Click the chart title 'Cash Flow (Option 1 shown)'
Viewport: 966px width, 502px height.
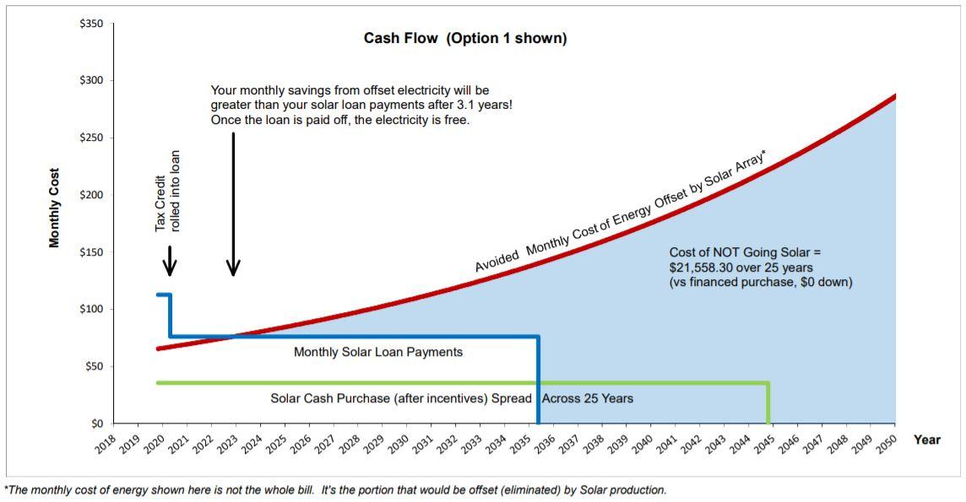click(x=465, y=39)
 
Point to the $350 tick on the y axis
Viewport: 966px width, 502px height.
click(x=90, y=24)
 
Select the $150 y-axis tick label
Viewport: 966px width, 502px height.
click(x=90, y=252)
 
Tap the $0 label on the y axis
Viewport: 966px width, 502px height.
click(x=95, y=424)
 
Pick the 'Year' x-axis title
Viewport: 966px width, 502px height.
click(x=926, y=440)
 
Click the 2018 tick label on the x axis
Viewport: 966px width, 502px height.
click(x=105, y=445)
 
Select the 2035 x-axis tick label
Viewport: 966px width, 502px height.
click(x=518, y=445)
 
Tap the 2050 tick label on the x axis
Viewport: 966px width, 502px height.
click(x=884, y=445)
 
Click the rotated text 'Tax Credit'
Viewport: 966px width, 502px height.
click(x=160, y=203)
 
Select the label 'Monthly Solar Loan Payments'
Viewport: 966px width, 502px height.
click(x=377, y=352)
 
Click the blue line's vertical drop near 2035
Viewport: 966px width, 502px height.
click(x=538, y=380)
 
